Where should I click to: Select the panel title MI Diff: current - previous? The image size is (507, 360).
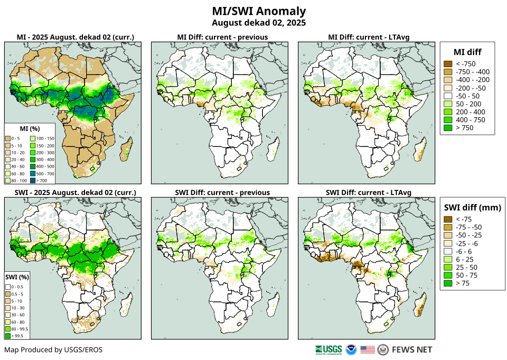tap(222, 37)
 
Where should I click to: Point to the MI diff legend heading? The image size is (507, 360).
tap(467, 52)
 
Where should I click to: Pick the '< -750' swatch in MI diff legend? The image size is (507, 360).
tap(448, 64)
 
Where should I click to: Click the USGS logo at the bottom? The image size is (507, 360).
tap(328, 349)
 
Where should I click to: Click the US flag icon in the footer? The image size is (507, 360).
tap(368, 349)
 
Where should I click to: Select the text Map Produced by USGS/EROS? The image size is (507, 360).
tap(53, 349)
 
